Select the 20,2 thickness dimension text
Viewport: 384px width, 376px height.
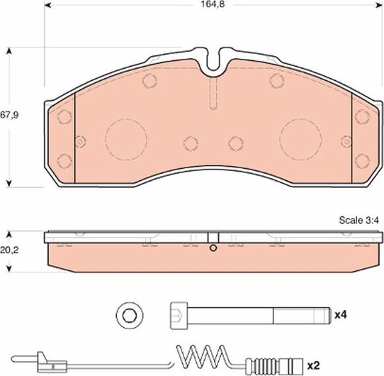9,249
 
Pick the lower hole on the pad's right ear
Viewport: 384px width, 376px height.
361,159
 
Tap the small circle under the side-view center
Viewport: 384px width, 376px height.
213,248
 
